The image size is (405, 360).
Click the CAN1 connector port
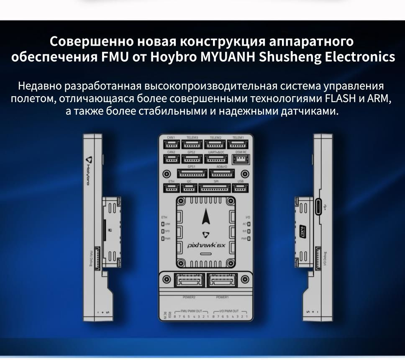(x=171, y=144)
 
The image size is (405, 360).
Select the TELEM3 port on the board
(x=192, y=144)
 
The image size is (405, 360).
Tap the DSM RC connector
(x=241, y=159)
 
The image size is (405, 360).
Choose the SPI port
(x=216, y=188)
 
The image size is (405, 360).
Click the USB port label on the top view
(x=240, y=181)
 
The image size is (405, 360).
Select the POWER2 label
(x=189, y=297)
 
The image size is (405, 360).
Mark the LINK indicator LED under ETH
(x=163, y=224)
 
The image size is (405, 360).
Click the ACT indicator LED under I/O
(x=248, y=224)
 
